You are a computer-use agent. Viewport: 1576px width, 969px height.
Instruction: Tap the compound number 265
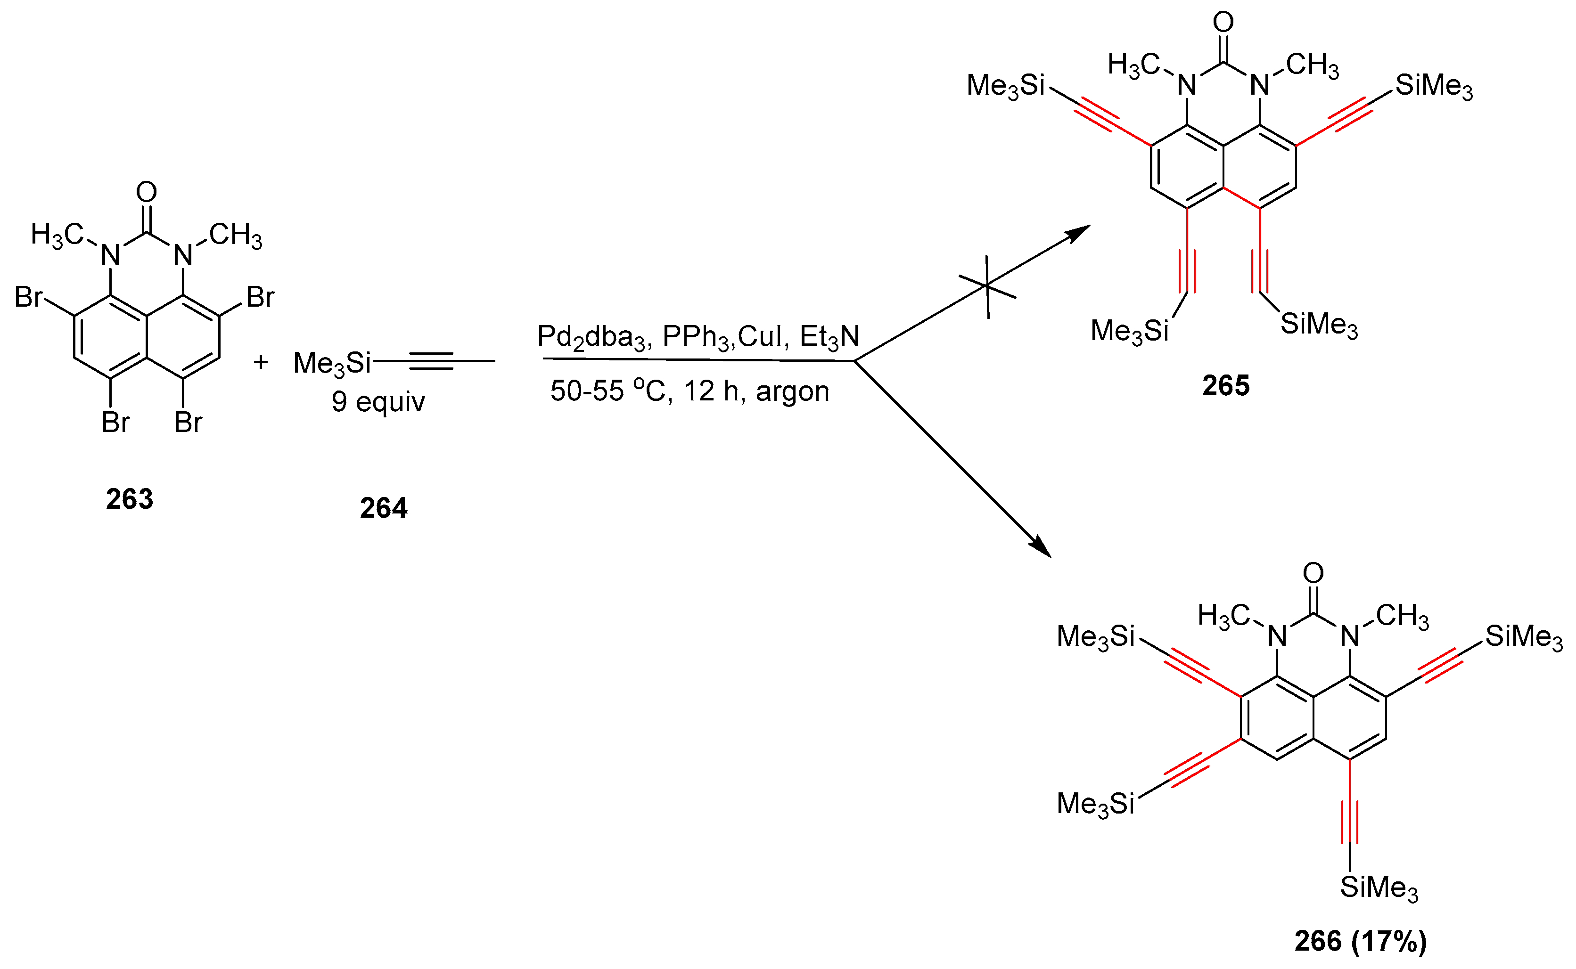1225,386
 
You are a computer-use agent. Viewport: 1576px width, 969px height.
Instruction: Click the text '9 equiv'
378,402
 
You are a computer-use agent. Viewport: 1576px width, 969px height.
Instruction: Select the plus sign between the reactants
260,362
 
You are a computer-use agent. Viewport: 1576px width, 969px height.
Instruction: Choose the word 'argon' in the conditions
793,391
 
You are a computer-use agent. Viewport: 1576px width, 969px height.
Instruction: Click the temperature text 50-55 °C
608,391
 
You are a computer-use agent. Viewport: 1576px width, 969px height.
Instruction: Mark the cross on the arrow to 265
987,286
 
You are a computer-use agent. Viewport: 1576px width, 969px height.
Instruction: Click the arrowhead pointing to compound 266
1041,546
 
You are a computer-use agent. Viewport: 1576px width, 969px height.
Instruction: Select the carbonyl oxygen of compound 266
1313,572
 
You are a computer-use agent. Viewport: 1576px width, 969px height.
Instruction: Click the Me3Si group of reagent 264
332,363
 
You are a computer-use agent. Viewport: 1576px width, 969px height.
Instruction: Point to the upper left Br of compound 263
29,297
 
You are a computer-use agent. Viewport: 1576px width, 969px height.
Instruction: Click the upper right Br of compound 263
260,297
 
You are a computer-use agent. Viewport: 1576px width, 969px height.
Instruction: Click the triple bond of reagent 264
431,361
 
